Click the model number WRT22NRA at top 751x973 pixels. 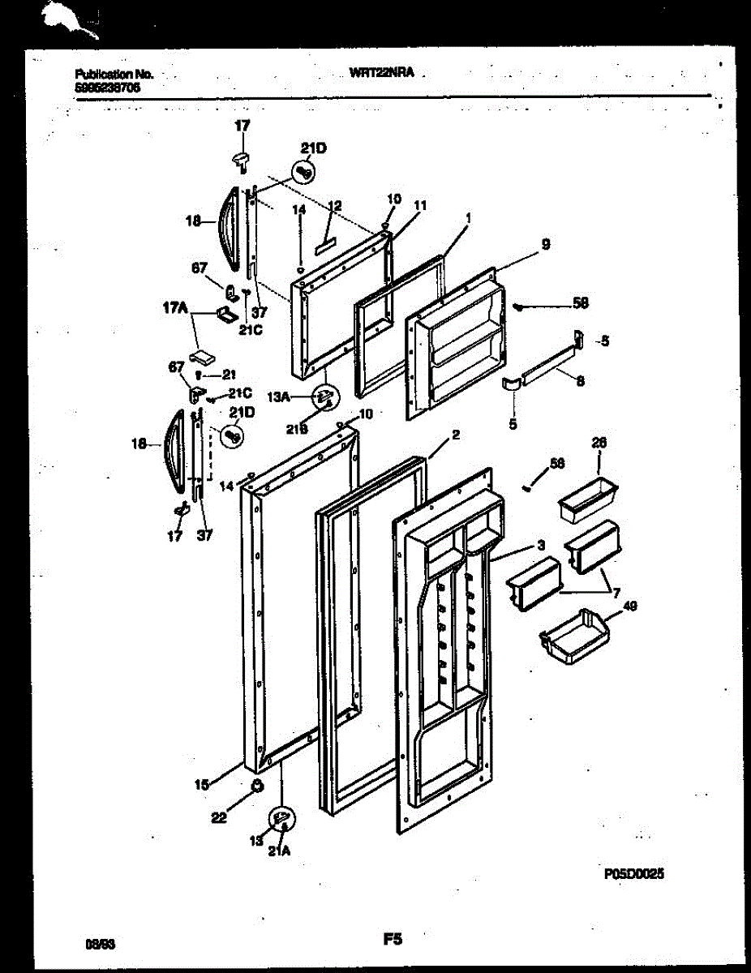pyautogui.click(x=382, y=73)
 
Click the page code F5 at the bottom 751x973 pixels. pyautogui.click(x=393, y=940)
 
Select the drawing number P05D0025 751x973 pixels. pyautogui.click(x=634, y=874)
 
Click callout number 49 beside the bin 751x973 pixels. pyautogui.click(x=629, y=606)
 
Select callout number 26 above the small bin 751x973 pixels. pyautogui.click(x=599, y=444)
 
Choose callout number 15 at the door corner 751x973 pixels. pyautogui.click(x=202, y=784)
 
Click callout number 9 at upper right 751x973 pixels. pyautogui.click(x=546, y=242)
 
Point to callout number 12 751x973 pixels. pyautogui.click(x=335, y=206)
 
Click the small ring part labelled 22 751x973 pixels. pyautogui.click(x=256, y=785)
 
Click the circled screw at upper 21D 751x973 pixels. pyautogui.click(x=305, y=171)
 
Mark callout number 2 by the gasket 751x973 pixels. pyautogui.click(x=456, y=435)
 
